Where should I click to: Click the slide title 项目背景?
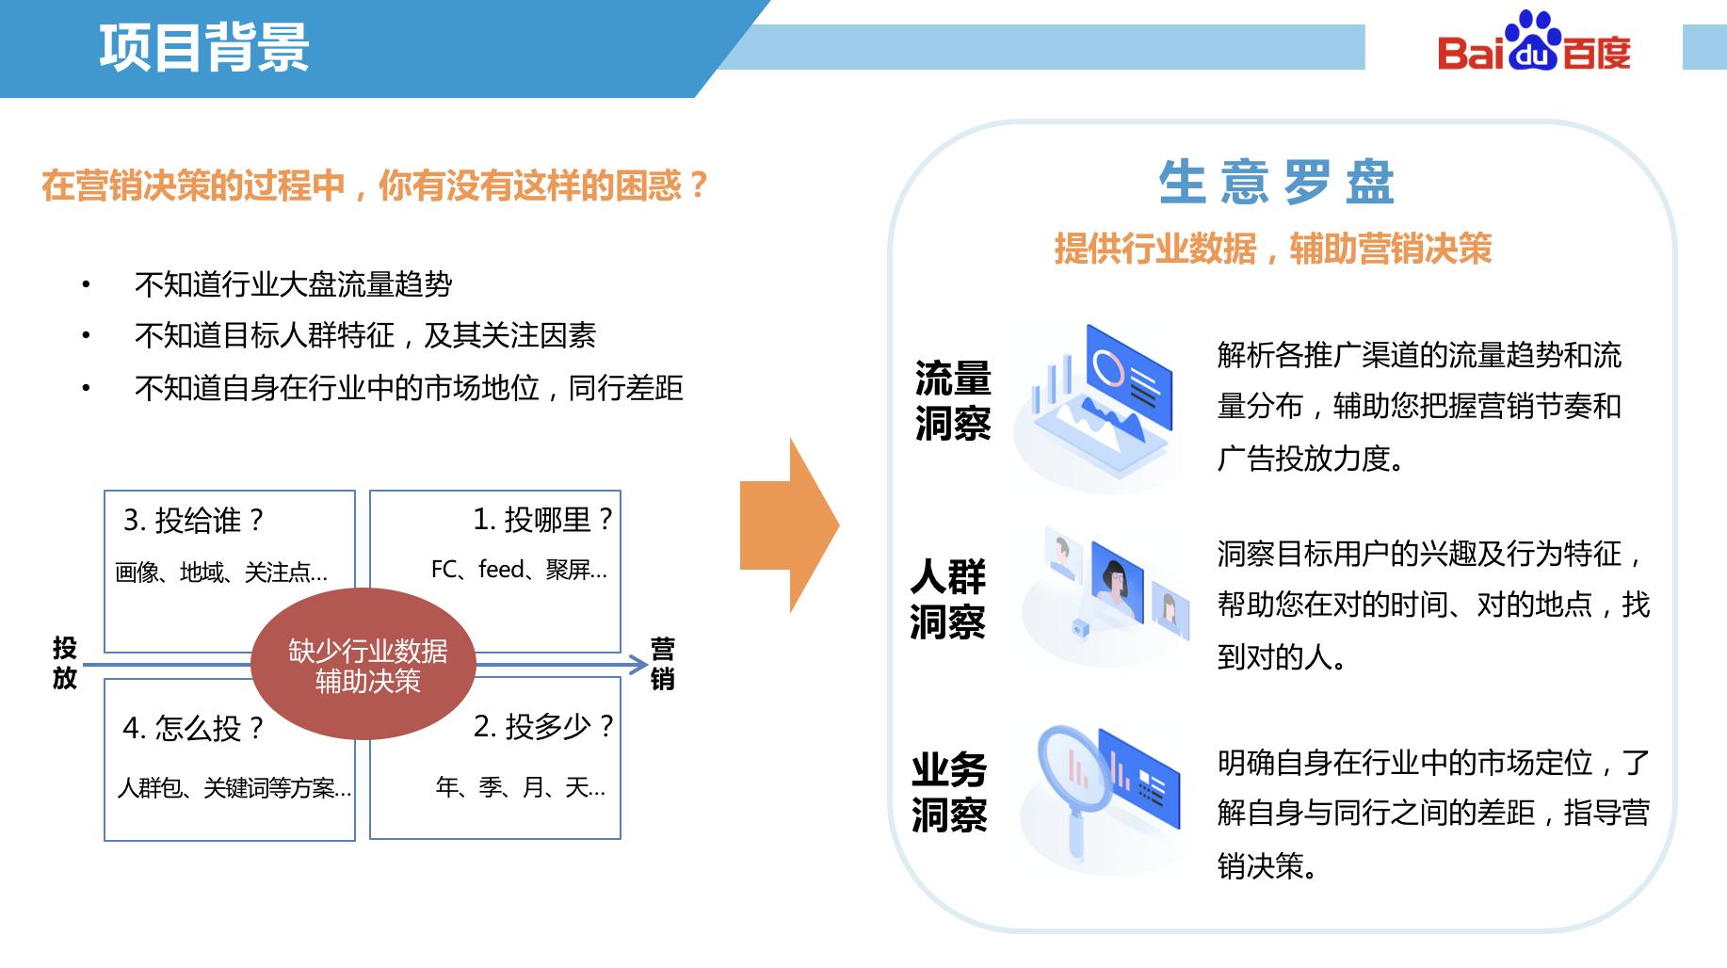point(203,47)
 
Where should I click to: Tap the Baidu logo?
point(1534,45)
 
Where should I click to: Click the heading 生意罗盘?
point(1275,182)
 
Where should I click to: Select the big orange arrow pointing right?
point(789,524)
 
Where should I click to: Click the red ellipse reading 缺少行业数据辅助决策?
point(364,665)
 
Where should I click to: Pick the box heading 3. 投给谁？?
point(194,520)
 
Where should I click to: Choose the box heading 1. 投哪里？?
point(542,519)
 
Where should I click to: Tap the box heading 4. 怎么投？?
point(193,728)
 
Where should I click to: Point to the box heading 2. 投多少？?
point(543,726)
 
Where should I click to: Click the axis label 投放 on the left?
point(64,663)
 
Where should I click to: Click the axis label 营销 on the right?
point(663,664)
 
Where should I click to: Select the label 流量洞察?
point(952,400)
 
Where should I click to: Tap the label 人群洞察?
point(948,599)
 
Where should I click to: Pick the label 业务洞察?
point(949,792)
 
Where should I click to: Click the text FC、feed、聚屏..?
point(519,570)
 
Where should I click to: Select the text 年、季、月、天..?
point(521,786)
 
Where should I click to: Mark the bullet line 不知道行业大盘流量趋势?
point(293,284)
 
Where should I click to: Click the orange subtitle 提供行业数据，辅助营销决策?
point(1272,249)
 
